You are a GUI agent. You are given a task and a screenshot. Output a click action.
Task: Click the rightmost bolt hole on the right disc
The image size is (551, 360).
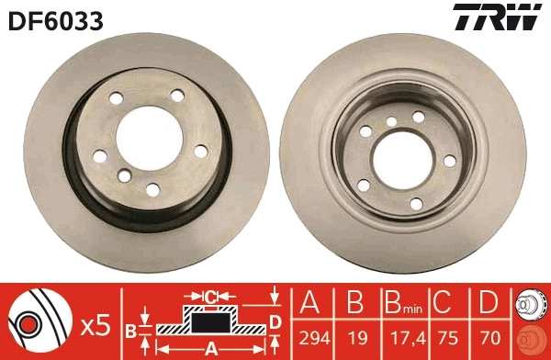pyautogui.click(x=450, y=161)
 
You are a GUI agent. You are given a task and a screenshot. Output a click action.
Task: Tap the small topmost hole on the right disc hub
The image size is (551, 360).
pyautogui.click(x=392, y=121)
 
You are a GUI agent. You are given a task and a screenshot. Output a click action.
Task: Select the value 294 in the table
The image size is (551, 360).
pyautogui.click(x=310, y=336)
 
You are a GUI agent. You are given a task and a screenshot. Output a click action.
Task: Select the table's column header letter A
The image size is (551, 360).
pyautogui.click(x=310, y=304)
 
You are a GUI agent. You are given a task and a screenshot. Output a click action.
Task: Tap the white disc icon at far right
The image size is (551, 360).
pyautogui.click(x=530, y=304)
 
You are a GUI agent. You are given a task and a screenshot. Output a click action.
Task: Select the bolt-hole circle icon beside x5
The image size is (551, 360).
pyautogui.click(x=37, y=323)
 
